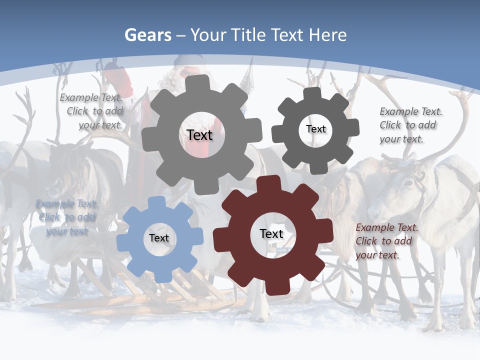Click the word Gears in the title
coord(147,35)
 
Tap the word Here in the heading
coord(327,35)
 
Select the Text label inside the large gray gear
coord(199,135)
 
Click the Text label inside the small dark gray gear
coord(315,129)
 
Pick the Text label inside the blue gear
coord(159,238)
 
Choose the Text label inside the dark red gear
coord(271,234)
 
